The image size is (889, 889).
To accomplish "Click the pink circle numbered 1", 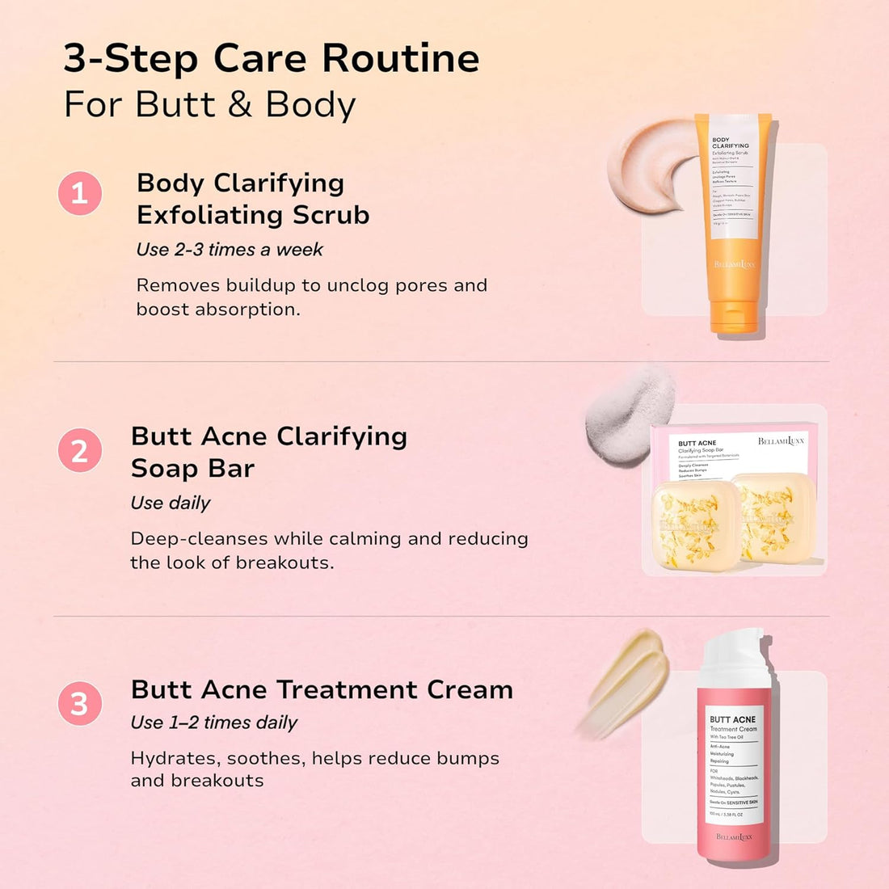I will [80, 193].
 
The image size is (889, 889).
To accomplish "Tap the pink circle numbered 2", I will [80, 450].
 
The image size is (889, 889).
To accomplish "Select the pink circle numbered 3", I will [80, 703].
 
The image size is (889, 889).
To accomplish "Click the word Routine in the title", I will [401, 58].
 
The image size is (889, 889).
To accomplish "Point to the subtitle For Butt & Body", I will [209, 105].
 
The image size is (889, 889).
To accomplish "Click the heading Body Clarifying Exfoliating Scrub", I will [253, 199].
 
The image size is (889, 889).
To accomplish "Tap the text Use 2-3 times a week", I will [230, 250].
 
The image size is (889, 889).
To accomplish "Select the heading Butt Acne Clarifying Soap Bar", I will [268, 452].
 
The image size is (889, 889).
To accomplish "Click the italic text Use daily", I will [171, 503].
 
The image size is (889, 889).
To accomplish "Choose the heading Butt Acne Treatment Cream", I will [322, 689].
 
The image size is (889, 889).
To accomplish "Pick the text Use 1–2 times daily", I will [214, 723].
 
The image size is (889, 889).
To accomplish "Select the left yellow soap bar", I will [695, 525].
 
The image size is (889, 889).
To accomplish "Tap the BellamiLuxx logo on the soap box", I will [781, 441].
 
